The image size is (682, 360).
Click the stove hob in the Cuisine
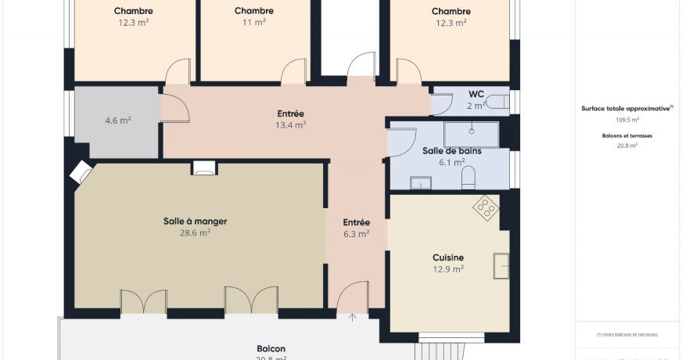pyautogui.click(x=486, y=207)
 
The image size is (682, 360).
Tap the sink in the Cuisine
pyautogui.click(x=501, y=266)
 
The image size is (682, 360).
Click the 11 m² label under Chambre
pyautogui.click(x=253, y=23)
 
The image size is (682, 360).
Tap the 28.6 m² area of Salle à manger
pyautogui.click(x=195, y=232)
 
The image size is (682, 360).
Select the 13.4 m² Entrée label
pyautogui.click(x=290, y=124)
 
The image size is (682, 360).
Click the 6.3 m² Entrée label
pyautogui.click(x=356, y=233)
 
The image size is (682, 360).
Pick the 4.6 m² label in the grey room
pyautogui.click(x=117, y=121)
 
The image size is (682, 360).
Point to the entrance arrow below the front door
pyautogui.click(x=353, y=317)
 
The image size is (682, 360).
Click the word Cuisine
pyautogui.click(x=448, y=257)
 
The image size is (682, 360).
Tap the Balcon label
pyautogui.click(x=271, y=348)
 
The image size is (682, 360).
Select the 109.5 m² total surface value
pyautogui.click(x=627, y=121)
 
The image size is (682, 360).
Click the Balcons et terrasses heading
pyautogui.click(x=627, y=135)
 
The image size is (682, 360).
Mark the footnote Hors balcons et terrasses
pyautogui.click(x=627, y=334)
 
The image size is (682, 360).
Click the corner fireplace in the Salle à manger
pyautogui.click(x=81, y=171)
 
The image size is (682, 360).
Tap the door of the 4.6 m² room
pyautogui.click(x=174, y=108)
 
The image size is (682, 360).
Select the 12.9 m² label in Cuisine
pyautogui.click(x=448, y=268)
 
